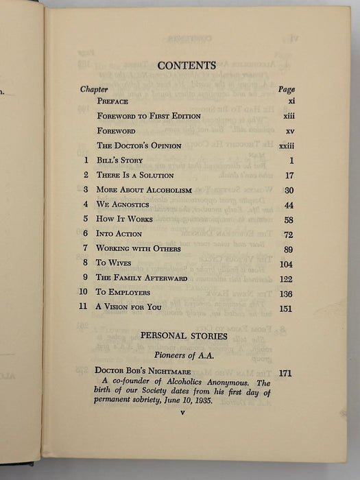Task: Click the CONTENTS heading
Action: pos(187,66)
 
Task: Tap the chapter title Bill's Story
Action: pos(119,160)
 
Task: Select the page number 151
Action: pos(285,309)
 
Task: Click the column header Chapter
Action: pos(95,89)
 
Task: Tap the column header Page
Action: pos(287,89)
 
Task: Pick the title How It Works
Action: pos(124,219)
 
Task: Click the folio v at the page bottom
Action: pos(182,413)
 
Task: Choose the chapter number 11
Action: pos(84,307)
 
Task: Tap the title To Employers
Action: pos(123,292)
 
